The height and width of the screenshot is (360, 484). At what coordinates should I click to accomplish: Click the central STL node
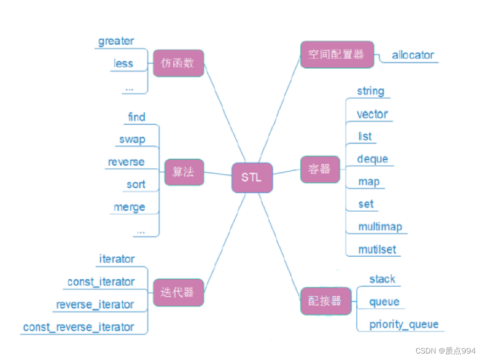(x=252, y=177)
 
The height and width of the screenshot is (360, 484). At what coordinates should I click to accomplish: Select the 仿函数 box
(x=178, y=63)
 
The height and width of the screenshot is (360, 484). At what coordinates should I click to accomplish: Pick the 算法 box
(x=184, y=172)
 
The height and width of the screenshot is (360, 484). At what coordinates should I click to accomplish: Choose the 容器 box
(x=319, y=169)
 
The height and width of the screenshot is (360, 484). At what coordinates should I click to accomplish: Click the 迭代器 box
(x=178, y=292)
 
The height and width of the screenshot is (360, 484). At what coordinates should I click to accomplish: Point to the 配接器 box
(x=325, y=301)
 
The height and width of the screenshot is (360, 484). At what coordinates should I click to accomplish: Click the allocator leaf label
(x=413, y=55)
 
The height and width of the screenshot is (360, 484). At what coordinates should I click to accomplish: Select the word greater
(x=116, y=41)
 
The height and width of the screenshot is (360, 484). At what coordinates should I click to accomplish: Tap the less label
(x=123, y=63)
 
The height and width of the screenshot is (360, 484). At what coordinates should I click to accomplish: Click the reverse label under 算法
(x=126, y=162)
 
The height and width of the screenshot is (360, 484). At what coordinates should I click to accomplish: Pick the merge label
(x=129, y=207)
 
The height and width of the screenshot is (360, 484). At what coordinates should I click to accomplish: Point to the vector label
(x=372, y=114)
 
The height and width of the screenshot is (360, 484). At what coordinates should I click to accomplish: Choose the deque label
(x=373, y=159)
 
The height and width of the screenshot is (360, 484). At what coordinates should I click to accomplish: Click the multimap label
(x=380, y=227)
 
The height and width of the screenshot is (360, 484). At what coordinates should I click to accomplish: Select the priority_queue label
(x=404, y=324)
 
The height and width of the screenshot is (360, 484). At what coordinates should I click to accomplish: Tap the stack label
(x=382, y=279)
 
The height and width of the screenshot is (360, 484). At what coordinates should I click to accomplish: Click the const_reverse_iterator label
(x=79, y=327)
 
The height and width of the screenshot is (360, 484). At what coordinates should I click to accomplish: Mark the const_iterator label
(x=101, y=282)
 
